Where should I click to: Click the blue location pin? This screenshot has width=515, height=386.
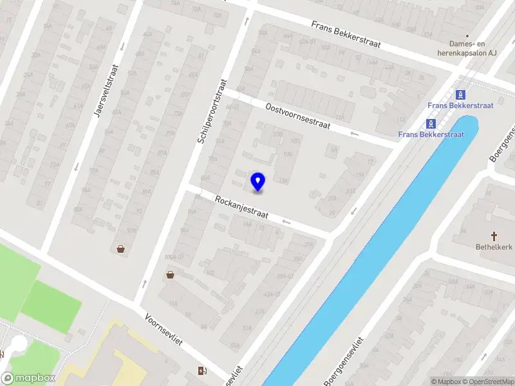pyautogui.click(x=258, y=181)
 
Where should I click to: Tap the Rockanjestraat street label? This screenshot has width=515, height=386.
pyautogui.click(x=241, y=207)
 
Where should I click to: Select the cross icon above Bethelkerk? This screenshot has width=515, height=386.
pyautogui.click(x=494, y=236)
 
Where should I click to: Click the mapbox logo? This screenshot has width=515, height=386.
pyautogui.click(x=29, y=378)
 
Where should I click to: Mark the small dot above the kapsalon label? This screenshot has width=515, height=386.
pyautogui.click(x=468, y=36)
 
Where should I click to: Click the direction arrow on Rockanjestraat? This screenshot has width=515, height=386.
pyautogui.click(x=286, y=222)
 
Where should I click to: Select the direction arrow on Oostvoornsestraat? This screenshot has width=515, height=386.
pyautogui.click(x=353, y=133)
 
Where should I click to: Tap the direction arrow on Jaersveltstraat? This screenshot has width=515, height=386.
pyautogui.click(x=76, y=167)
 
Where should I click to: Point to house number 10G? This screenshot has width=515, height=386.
pyautogui.click(x=288, y=154)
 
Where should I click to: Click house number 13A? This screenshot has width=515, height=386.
pyautogui.click(x=283, y=181)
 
